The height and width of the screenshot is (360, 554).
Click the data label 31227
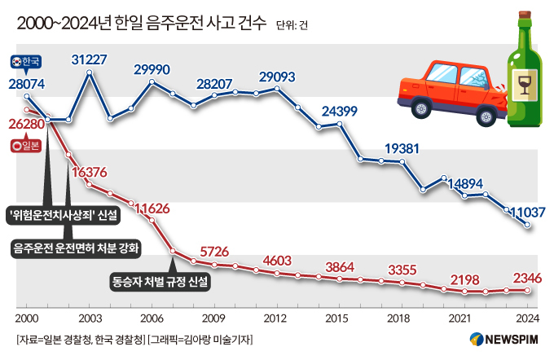point(90,59)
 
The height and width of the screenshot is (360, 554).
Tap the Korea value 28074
point(27,83)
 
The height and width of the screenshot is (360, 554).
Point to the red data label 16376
point(90,173)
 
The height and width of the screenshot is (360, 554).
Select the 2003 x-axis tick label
point(90,318)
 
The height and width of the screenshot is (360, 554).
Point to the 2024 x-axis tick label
point(525,318)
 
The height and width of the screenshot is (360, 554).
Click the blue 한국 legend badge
point(31,61)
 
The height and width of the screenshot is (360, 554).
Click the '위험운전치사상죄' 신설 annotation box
point(62,215)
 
